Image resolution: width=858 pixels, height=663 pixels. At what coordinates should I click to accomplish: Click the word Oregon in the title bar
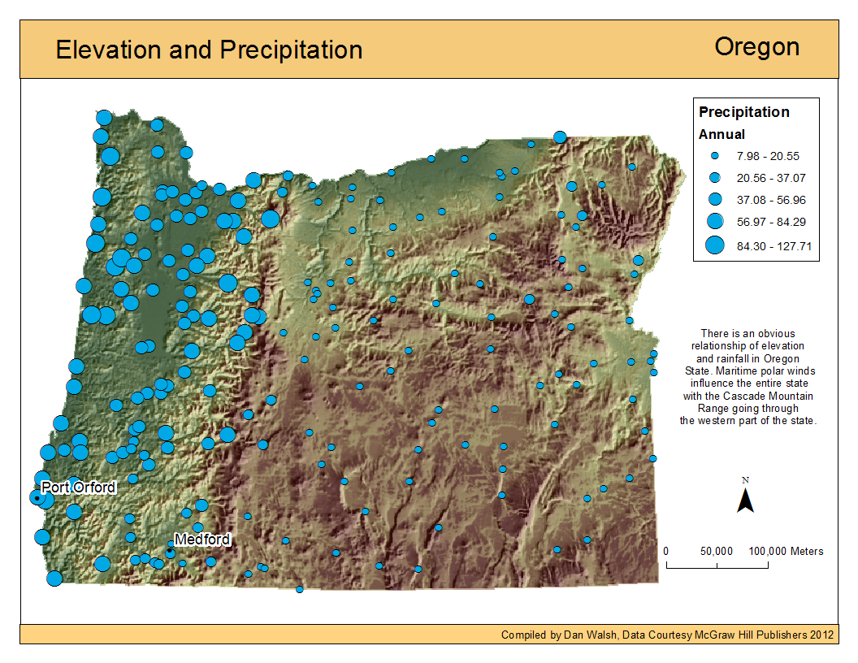pyautogui.click(x=756, y=47)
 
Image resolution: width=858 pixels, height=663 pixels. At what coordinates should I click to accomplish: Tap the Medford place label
pyautogui.click(x=202, y=539)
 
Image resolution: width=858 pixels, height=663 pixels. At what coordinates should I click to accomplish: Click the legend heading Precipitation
pyautogui.click(x=743, y=112)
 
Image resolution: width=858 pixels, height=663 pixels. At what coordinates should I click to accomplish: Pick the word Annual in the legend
pyautogui.click(x=721, y=135)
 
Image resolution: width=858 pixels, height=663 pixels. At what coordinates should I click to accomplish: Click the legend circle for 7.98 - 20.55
pyautogui.click(x=715, y=155)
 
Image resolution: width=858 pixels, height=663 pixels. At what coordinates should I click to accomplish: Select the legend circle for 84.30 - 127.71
pyautogui.click(x=715, y=245)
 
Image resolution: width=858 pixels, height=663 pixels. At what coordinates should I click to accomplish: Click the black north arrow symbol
pyautogui.click(x=745, y=500)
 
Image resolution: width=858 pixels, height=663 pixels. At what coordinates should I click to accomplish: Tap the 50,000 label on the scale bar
pyautogui.click(x=715, y=551)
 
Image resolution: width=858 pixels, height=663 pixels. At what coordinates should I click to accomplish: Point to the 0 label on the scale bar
pyautogui.click(x=666, y=551)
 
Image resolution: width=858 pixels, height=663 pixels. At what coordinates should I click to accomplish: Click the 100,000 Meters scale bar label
pyautogui.click(x=786, y=551)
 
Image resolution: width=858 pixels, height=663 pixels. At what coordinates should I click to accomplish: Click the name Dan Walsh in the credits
pyautogui.click(x=588, y=635)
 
